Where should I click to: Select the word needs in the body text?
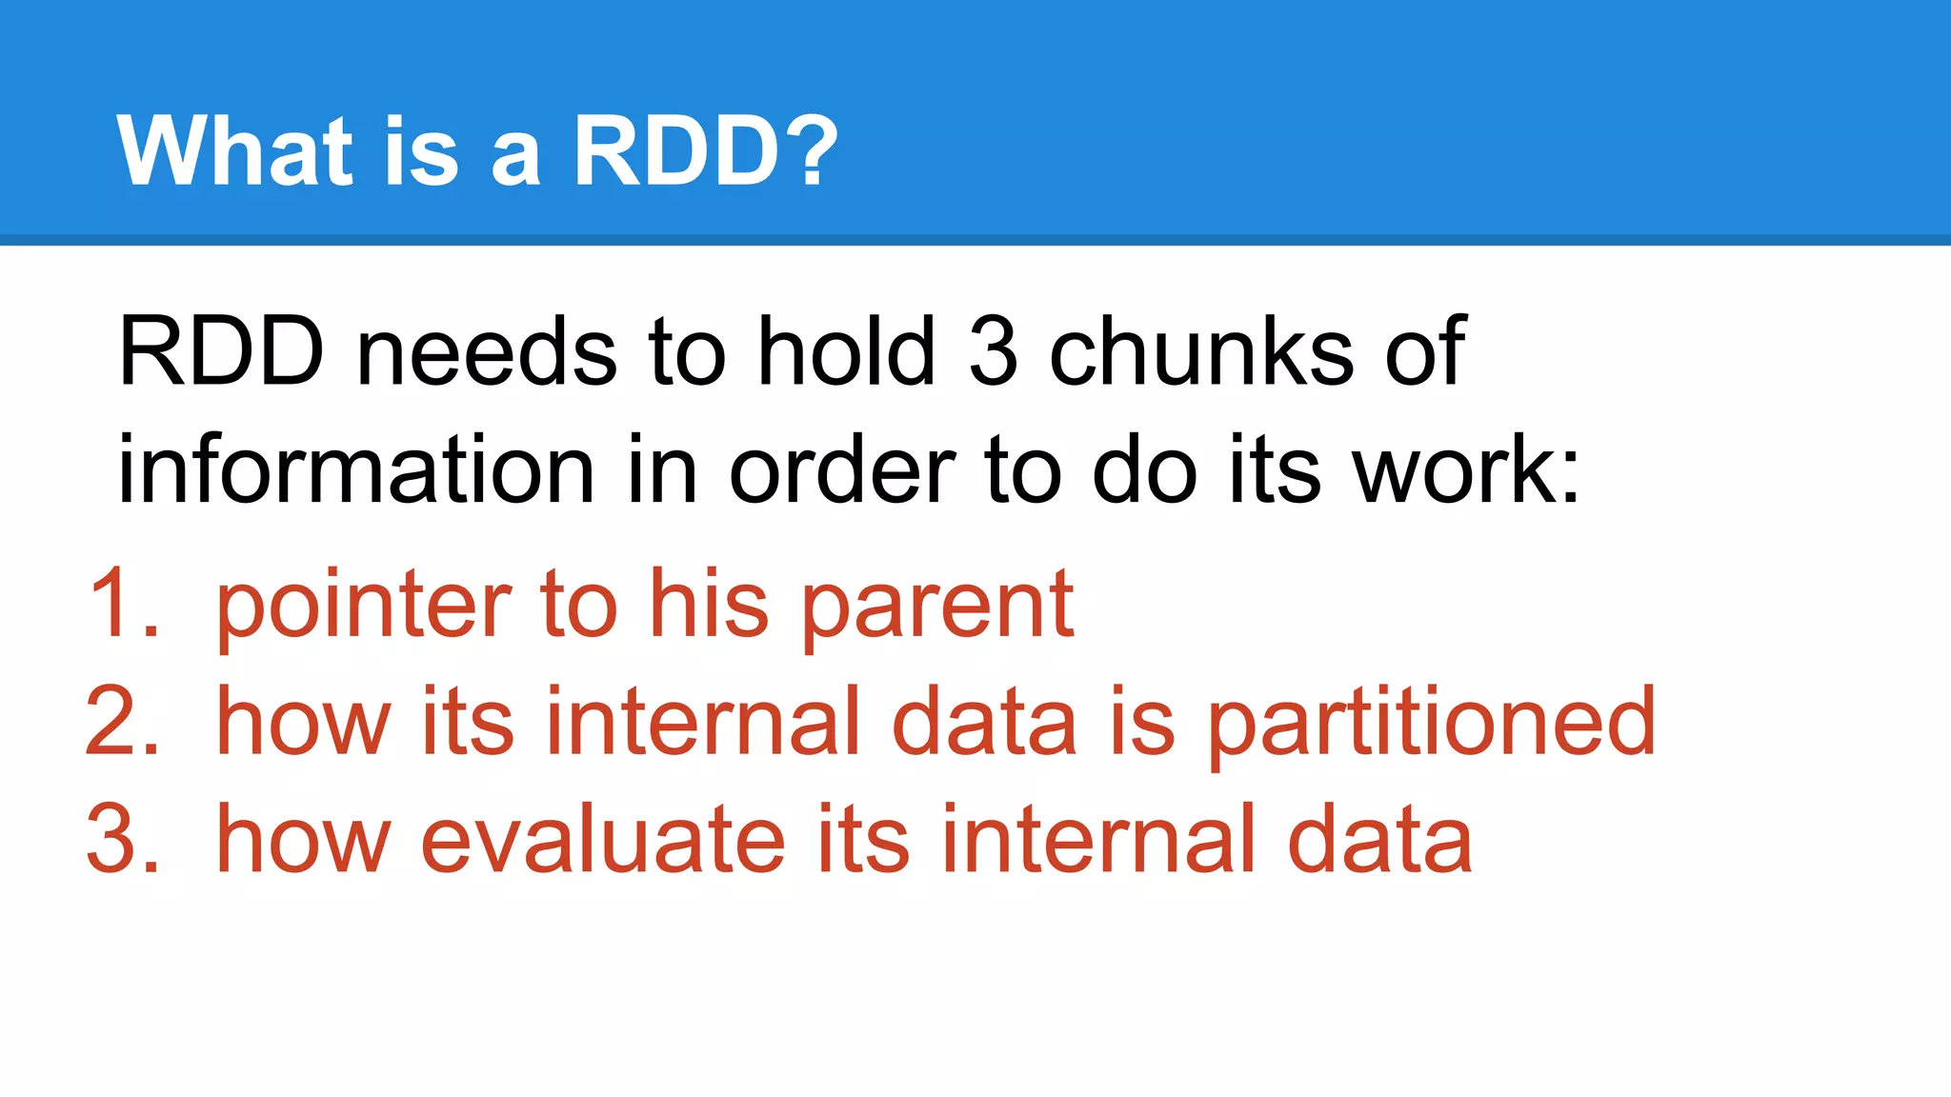coord(487,352)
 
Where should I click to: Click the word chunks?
coord(1200,352)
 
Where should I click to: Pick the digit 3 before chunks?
coord(993,352)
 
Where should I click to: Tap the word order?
coord(842,469)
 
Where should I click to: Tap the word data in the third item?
coord(1379,839)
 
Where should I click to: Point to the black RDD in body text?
coord(221,352)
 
